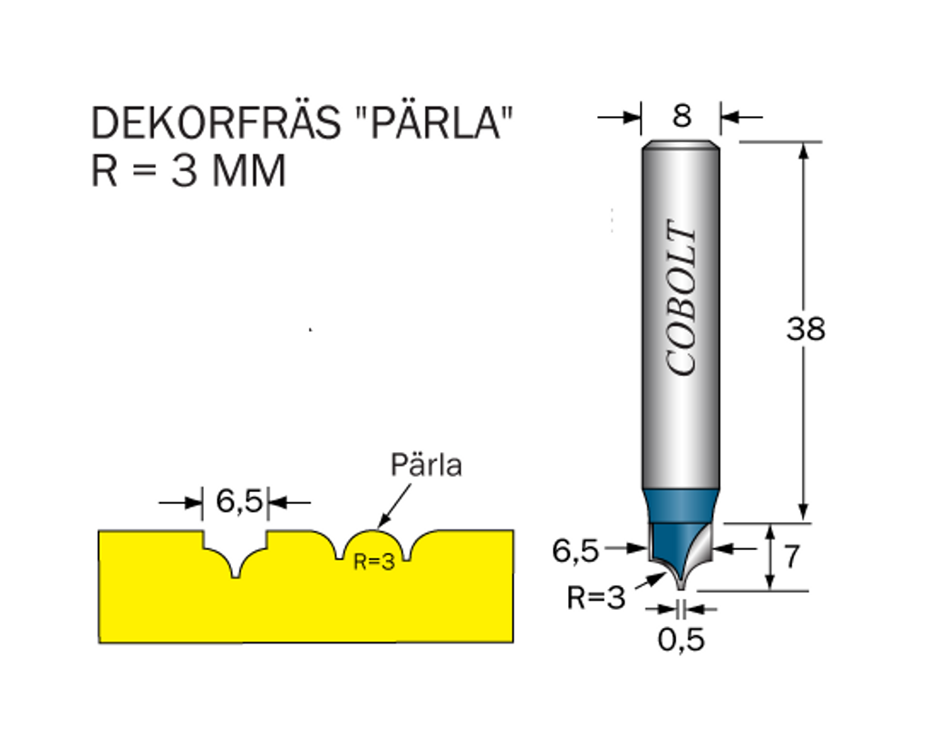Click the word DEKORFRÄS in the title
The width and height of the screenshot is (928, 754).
[216, 122]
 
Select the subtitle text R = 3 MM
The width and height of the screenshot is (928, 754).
[188, 171]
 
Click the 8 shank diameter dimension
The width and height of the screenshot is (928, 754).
[681, 115]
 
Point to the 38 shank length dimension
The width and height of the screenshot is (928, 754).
[806, 328]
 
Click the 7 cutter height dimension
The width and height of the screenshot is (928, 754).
[791, 556]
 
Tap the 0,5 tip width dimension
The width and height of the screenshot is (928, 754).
[681, 640]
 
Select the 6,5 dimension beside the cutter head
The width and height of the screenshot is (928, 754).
[575, 552]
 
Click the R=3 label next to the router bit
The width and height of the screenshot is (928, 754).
[596, 598]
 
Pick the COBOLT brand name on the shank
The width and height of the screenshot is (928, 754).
[681, 297]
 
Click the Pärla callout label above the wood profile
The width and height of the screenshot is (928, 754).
[426, 465]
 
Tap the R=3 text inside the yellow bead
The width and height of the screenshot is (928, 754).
[374, 561]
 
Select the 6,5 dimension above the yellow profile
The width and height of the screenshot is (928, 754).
[238, 502]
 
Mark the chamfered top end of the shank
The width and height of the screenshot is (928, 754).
[681, 144]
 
